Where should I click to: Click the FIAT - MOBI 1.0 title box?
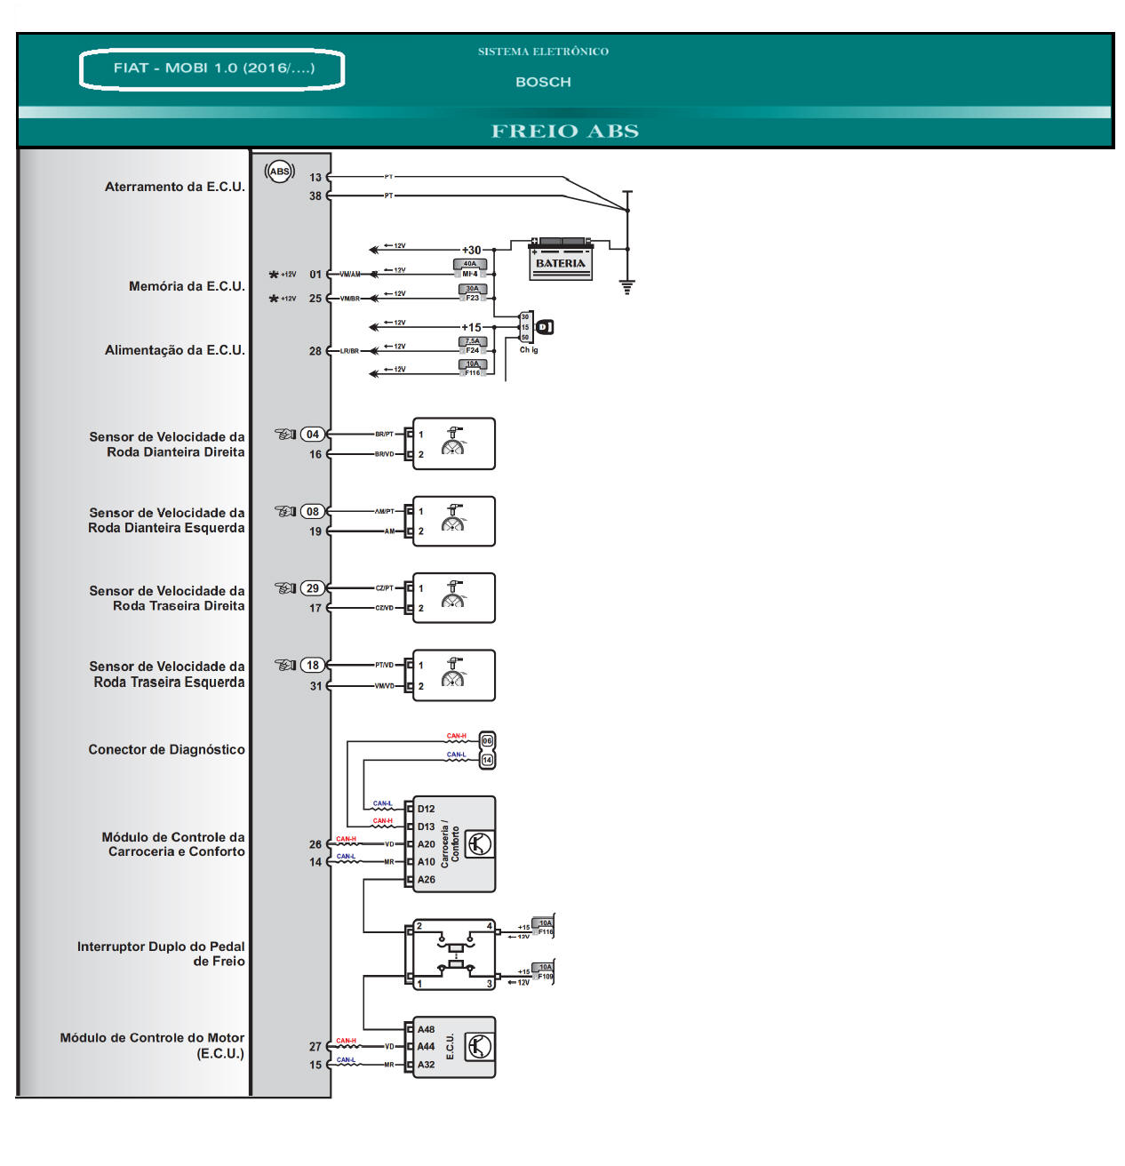point(212,68)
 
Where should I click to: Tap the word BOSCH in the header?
point(543,82)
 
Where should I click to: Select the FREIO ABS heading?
point(565,132)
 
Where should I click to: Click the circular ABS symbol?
point(280,172)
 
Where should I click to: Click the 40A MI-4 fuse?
point(470,268)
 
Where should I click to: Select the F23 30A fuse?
point(473,293)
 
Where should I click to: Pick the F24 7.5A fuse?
point(473,346)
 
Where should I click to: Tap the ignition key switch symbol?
point(545,327)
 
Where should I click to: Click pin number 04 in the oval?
point(313,435)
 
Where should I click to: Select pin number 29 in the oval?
point(313,588)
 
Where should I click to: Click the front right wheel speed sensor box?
point(454,443)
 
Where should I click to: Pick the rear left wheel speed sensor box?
point(454,675)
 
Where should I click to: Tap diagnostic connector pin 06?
point(487,740)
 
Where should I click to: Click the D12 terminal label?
point(427,810)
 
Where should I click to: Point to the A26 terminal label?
point(427,880)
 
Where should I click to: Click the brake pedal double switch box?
point(453,954)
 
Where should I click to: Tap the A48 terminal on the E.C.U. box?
point(427,1030)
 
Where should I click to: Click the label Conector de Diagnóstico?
point(166,750)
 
